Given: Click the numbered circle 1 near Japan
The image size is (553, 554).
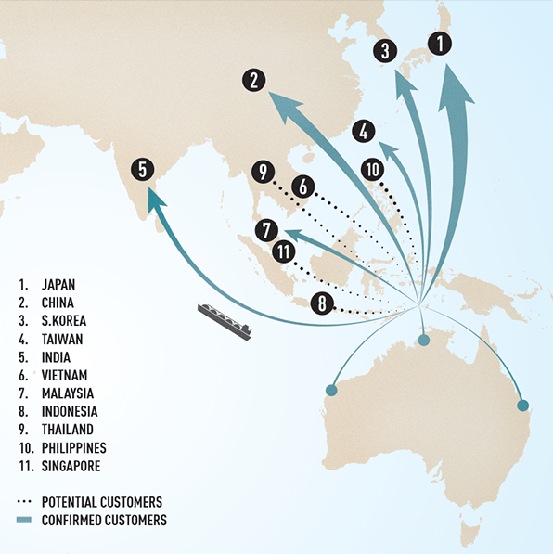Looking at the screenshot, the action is coord(440,44).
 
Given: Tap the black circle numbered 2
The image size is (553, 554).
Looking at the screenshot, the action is coord(254,80).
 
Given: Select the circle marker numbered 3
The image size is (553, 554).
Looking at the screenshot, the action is coord(385,51).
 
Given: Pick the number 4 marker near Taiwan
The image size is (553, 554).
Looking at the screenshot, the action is coord(364,132).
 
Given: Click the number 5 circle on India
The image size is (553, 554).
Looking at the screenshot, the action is coord(143,169).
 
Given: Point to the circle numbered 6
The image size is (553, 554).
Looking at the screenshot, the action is coord(303,187).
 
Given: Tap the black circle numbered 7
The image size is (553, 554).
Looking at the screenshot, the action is coord(266,230).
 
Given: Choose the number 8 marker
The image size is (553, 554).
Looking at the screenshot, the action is coord(322,303).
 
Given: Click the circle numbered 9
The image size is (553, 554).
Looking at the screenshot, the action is coord(263,172).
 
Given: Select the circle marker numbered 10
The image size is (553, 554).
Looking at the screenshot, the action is coord(372,170).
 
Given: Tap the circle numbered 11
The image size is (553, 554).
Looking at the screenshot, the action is coord(284,251).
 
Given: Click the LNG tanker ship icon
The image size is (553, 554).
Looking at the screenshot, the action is coord(225,321).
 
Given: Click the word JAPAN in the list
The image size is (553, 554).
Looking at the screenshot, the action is coord(58,284).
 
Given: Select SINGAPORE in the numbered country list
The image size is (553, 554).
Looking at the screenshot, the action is coord(71,466).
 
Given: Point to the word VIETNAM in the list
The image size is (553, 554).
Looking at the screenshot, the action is coord(64,375).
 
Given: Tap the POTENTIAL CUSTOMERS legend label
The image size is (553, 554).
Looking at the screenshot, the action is coord(102,502).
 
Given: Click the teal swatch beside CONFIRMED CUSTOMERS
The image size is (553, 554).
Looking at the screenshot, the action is coord(24,520).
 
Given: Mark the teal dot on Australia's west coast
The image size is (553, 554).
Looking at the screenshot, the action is coord(331,391).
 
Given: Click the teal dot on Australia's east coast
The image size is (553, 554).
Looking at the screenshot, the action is coord(523,406).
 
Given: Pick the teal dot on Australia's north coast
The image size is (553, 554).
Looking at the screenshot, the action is coord(424,340).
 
